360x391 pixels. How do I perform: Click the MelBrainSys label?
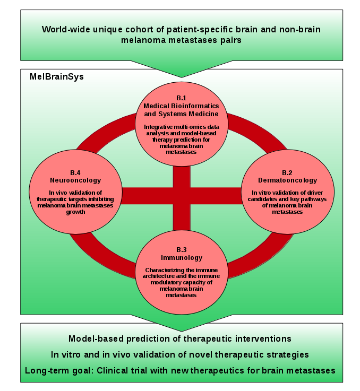pos(57,77)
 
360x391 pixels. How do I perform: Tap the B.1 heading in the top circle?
pos(182,98)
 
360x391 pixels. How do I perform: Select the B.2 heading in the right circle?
pos(287,173)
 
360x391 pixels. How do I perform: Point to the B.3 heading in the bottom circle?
pos(182,250)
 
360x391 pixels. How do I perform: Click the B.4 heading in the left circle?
pos(75,173)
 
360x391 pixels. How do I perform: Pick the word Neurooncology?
pos(75,180)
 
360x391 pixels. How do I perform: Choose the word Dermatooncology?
pos(287,180)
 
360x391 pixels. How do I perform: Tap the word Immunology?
pos(182,258)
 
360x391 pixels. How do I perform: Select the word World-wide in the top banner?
pos(66,29)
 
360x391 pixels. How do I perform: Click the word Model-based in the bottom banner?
pos(96,338)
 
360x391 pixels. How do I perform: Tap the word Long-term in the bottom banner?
pos(46,370)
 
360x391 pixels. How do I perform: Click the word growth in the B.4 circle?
pos(75,212)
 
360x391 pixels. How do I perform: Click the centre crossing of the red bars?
pos(182,196)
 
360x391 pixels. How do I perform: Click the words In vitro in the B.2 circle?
pos(262,193)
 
